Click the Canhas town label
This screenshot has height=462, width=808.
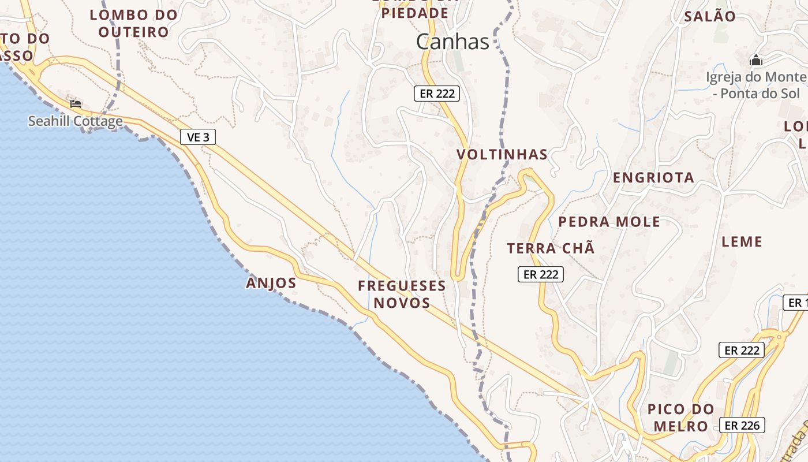tap(452, 42)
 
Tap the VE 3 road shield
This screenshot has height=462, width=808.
tap(199, 137)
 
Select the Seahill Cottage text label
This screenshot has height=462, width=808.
tap(76, 121)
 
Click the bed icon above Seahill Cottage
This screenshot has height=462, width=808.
tap(76, 104)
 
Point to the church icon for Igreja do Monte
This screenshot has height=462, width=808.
tap(755, 60)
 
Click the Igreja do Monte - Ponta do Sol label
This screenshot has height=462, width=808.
tap(756, 85)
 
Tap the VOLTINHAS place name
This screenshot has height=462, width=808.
tap(502, 154)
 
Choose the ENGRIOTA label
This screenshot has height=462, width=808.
tap(653, 177)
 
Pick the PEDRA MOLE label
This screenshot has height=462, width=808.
tap(609, 222)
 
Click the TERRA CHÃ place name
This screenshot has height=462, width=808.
tap(551, 249)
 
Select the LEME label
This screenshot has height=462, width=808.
tap(742, 241)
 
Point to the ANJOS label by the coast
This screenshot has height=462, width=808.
tap(271, 283)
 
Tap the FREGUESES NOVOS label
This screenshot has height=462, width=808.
tap(402, 294)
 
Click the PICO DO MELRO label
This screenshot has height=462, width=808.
tap(680, 418)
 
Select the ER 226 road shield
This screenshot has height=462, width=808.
tap(742, 426)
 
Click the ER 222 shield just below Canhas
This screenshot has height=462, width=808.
tap(437, 94)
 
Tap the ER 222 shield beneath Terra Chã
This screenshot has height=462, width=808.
tap(540, 274)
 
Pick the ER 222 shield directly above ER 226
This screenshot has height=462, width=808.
tap(742, 350)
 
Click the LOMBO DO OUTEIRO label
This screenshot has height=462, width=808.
tap(133, 23)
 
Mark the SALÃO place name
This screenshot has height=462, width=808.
tap(710, 16)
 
